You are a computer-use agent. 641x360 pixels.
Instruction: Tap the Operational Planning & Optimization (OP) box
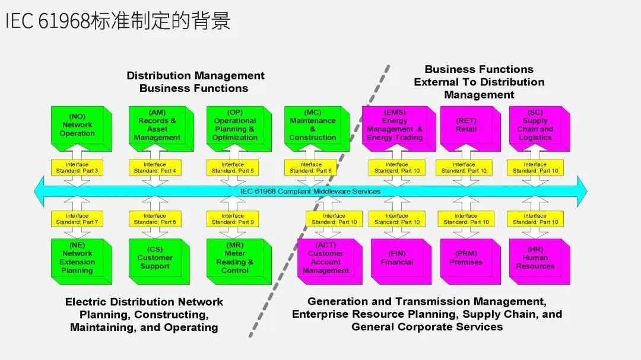click(235, 125)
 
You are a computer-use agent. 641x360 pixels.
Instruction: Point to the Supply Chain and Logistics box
click(535, 126)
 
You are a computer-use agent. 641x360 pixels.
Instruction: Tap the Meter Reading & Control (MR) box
click(235, 259)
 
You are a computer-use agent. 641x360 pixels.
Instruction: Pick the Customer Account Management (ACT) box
click(325, 259)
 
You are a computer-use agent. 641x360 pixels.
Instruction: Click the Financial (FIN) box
click(397, 259)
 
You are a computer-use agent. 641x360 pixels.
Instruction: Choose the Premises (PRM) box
click(466, 259)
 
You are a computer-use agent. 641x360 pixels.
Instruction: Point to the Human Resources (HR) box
click(535, 259)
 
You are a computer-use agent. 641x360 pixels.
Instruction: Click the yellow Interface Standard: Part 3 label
click(77, 168)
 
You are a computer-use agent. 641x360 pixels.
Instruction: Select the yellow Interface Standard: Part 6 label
click(310, 168)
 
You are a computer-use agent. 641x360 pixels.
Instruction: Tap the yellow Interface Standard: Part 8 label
click(155, 219)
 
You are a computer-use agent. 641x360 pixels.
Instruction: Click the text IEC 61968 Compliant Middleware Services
click(310, 192)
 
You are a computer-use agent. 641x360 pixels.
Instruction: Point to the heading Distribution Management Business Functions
click(195, 82)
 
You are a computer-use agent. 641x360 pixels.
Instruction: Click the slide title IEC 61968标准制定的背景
click(117, 21)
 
